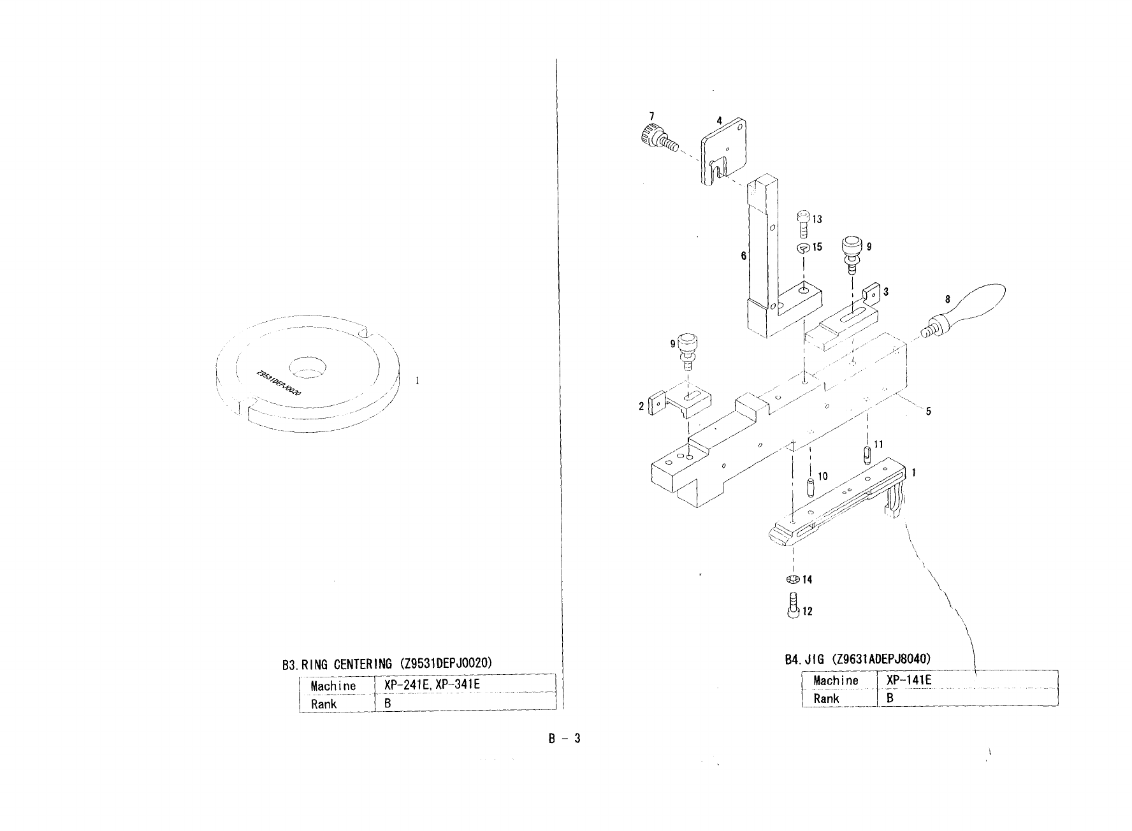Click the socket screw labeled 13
(x=804, y=224)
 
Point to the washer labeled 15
(x=804, y=247)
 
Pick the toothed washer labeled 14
(x=793, y=579)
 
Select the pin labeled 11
(x=867, y=455)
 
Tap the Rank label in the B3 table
(x=323, y=704)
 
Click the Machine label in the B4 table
(x=836, y=680)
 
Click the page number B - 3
(x=563, y=739)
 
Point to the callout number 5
(x=928, y=411)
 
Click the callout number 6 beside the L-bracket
(x=743, y=256)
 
